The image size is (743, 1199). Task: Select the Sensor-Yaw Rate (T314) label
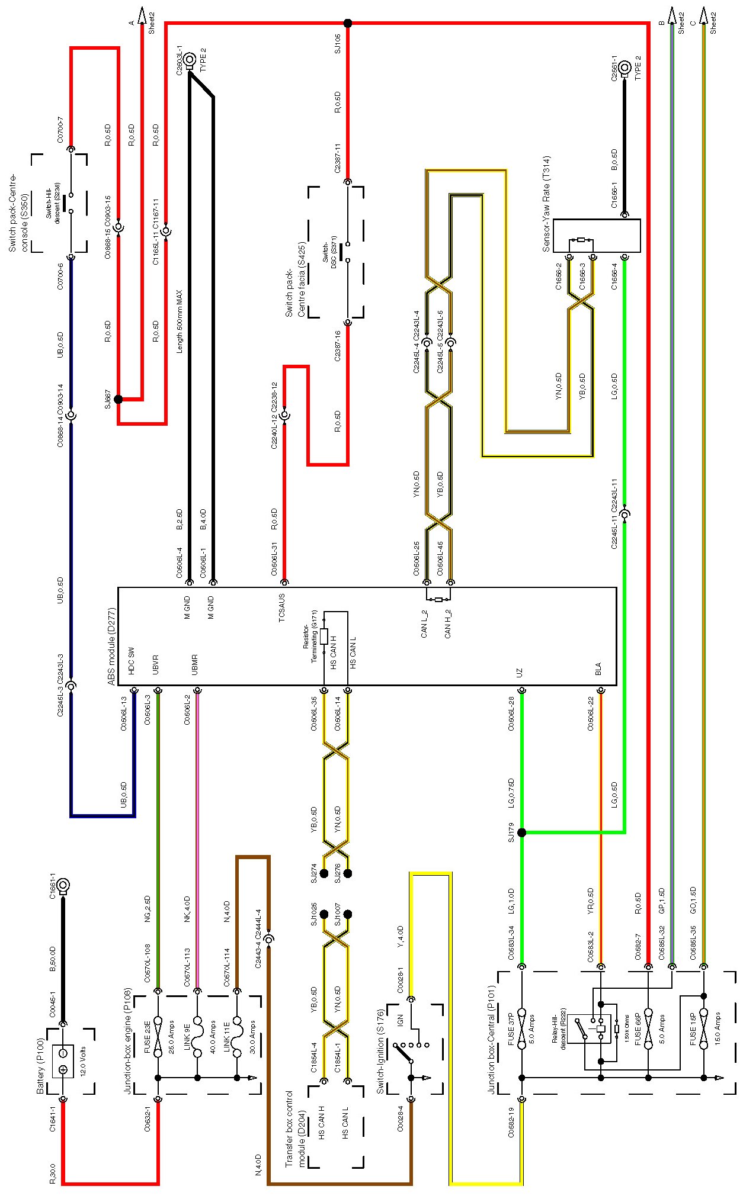[x=546, y=204]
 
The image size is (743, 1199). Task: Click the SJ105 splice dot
[x=348, y=23]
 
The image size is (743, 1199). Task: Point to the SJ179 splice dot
[x=521, y=832]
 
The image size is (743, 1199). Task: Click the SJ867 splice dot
[x=118, y=399]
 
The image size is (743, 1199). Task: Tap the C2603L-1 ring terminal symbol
[x=190, y=59]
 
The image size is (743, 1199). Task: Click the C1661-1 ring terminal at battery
[x=63, y=886]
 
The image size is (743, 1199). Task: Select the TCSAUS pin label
[x=282, y=608]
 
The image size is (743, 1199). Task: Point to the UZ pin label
[x=520, y=673]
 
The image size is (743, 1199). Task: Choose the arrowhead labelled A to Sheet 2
[x=142, y=14]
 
